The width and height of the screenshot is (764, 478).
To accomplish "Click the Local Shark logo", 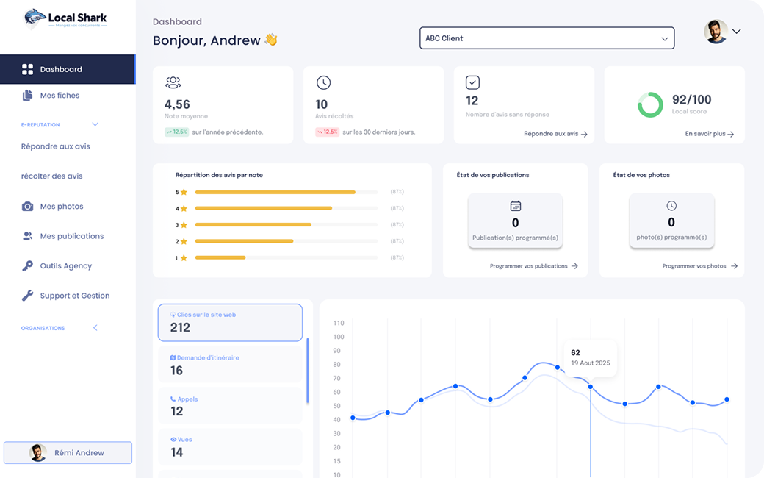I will point(65,18).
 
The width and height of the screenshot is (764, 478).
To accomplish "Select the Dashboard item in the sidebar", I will point(61,69).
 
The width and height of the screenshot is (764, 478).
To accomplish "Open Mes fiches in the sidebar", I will point(60,96).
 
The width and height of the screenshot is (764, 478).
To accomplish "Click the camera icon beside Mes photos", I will point(28,207).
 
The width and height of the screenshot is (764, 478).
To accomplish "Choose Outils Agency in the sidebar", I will point(65,266).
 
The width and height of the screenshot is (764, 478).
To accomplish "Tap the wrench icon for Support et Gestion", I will point(28,296).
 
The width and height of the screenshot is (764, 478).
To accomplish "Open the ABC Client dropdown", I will point(547,38).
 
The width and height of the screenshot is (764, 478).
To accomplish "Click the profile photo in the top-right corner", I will point(716,32).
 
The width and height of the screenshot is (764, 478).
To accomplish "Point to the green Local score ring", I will point(650,104).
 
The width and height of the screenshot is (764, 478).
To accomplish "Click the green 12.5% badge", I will point(176,132).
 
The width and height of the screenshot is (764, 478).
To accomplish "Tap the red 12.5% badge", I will point(327,132).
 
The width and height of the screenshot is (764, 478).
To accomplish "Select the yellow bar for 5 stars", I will point(275,192).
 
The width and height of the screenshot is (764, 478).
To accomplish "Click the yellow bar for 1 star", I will point(220,258).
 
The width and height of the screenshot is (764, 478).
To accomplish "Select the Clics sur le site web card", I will point(230,322).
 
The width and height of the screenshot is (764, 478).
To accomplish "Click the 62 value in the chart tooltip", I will point(575,353).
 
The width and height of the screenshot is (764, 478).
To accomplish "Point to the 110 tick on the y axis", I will point(339,324).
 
